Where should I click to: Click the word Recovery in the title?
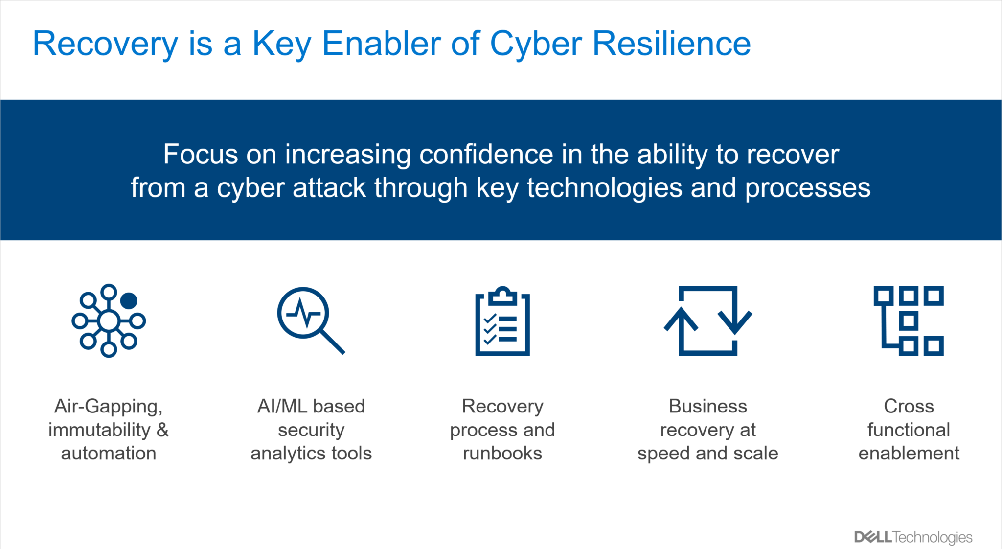[105, 44]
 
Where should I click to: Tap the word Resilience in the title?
[671, 44]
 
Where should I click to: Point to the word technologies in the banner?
[604, 188]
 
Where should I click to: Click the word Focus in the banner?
[201, 155]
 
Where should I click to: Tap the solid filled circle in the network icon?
[129, 300]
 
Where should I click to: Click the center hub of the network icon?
[109, 321]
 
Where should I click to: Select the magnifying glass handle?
[332, 341]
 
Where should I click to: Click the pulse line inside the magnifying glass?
[303, 314]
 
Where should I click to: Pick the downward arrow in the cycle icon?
[735, 318]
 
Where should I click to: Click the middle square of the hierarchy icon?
[908, 321]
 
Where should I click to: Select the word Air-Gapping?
[108, 406]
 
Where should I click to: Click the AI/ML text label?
[281, 406]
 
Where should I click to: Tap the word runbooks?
[502, 453]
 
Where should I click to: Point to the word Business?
[707, 406]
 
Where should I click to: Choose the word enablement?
[909, 453]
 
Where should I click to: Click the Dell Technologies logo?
[913, 537]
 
